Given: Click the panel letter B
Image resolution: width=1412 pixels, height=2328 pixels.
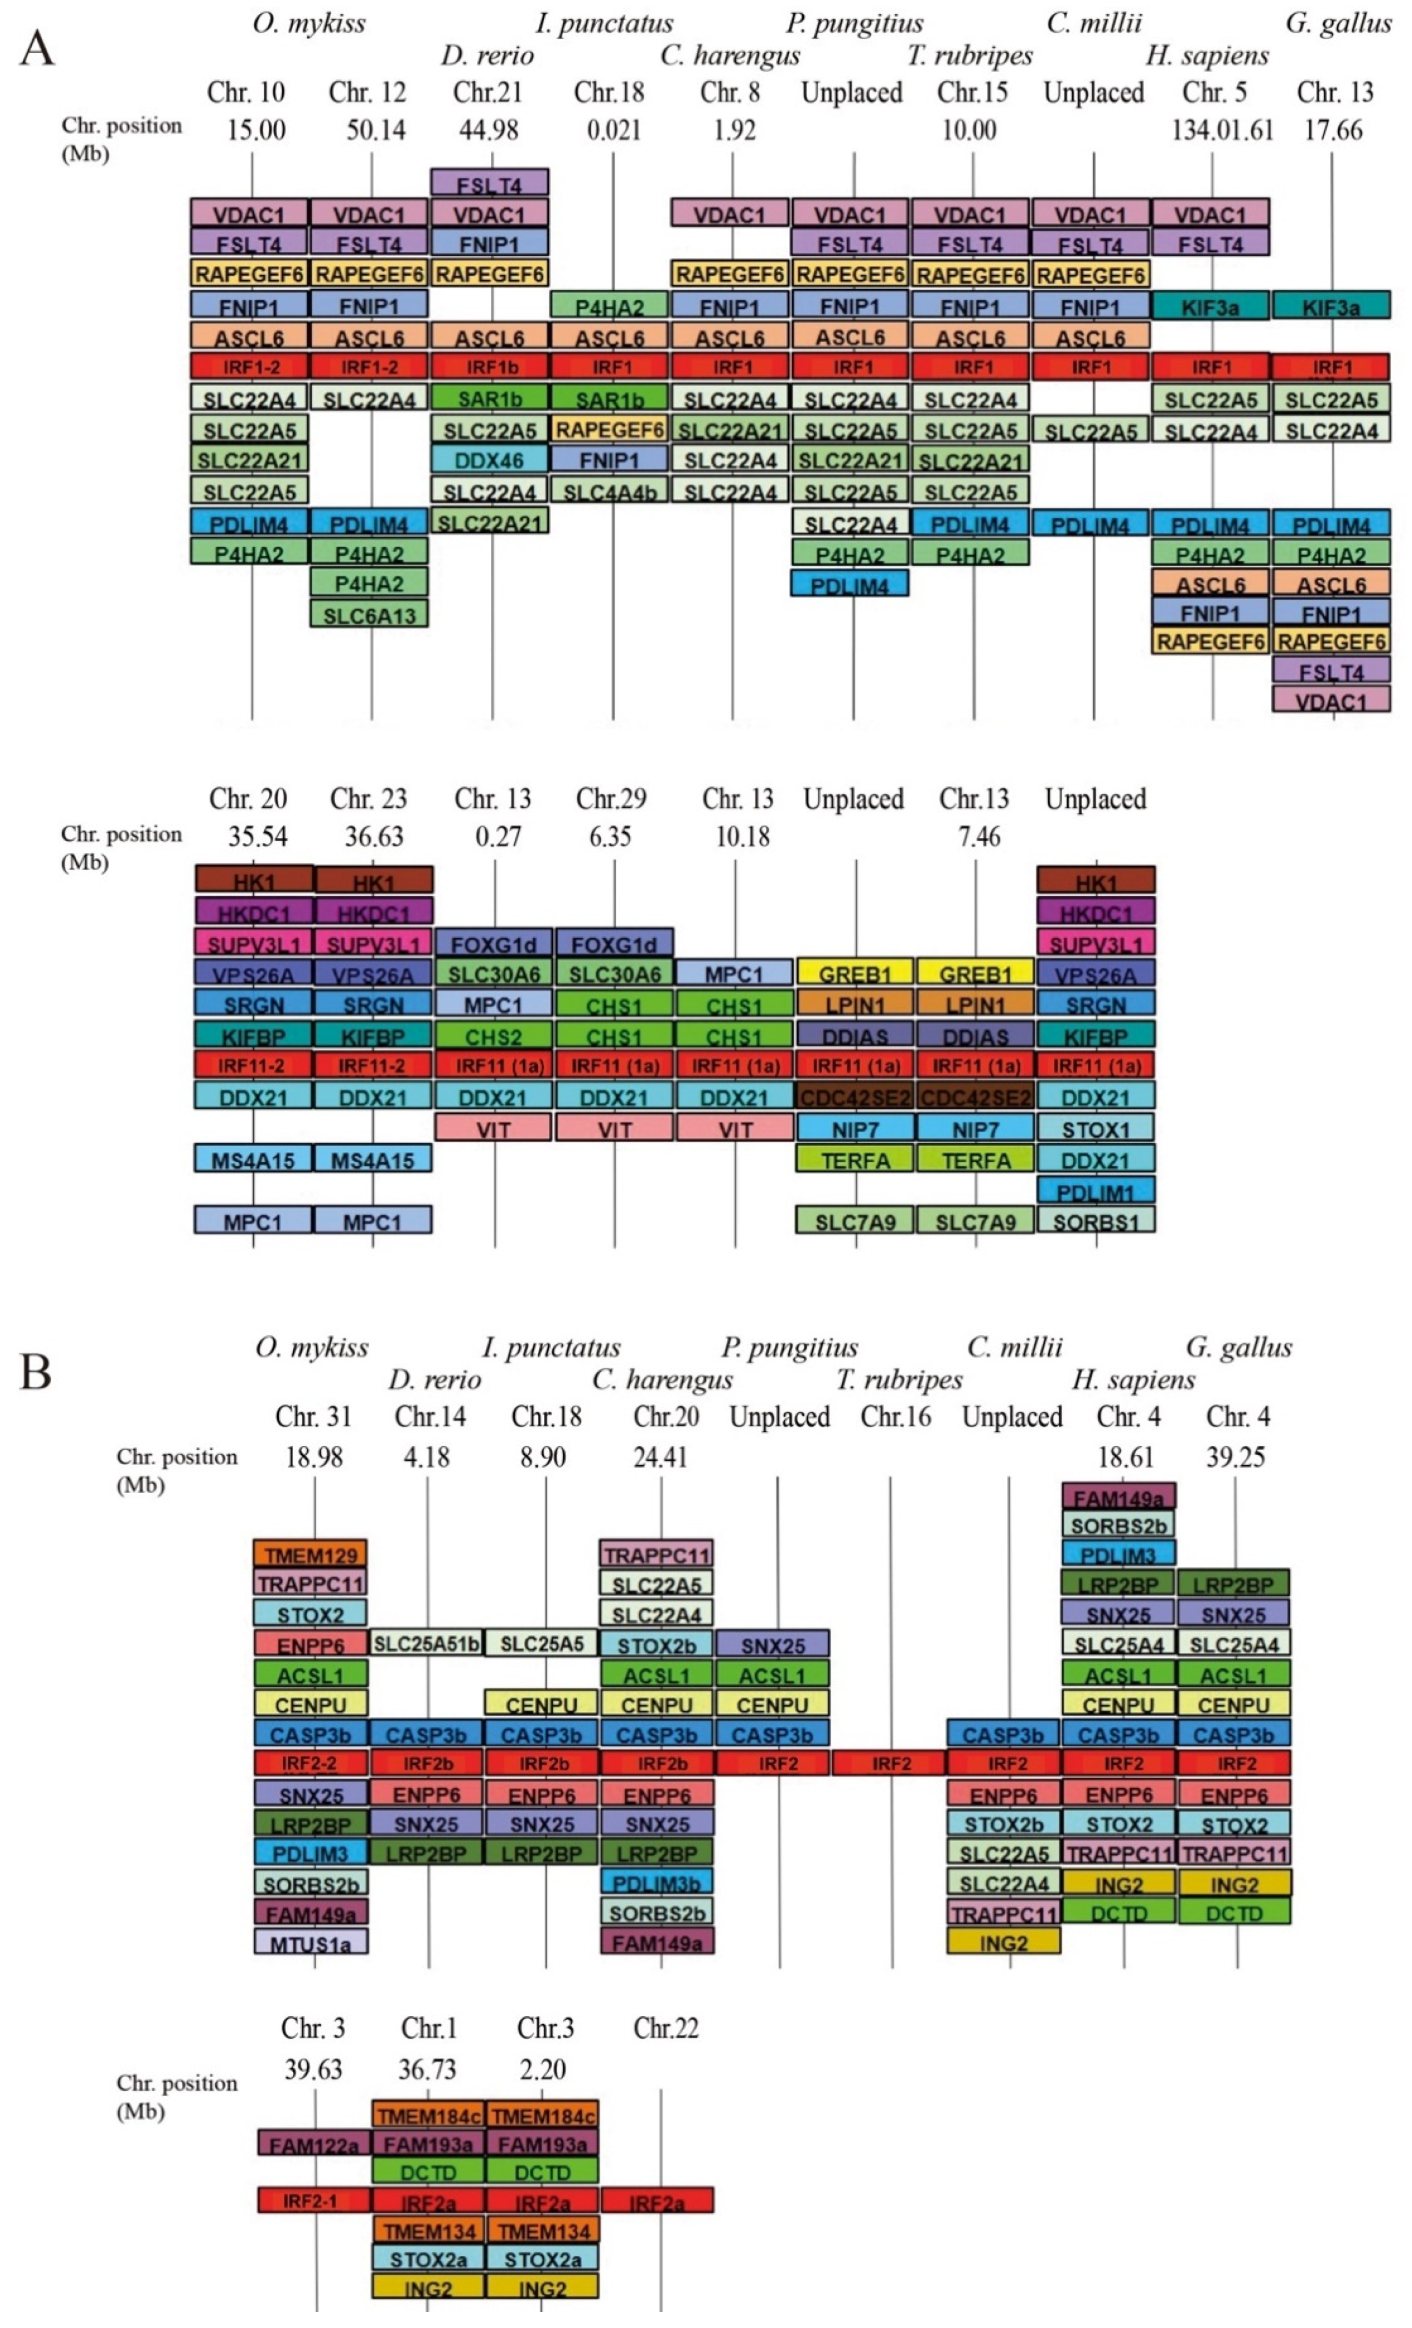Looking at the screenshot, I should click(35, 1371).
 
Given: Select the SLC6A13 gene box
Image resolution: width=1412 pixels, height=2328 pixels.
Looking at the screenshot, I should click(369, 615).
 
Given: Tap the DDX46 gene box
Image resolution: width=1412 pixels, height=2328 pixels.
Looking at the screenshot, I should click(489, 460).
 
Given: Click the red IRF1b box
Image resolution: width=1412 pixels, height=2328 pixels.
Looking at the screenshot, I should click(489, 366).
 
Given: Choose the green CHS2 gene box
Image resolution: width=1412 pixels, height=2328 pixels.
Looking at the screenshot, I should click(493, 1036).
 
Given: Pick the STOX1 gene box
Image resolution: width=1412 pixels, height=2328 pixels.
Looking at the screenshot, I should click(1096, 1129).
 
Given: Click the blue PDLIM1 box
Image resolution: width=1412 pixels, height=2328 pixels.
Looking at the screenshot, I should click(1096, 1191).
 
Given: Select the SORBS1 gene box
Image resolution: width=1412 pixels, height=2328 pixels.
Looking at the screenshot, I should click(1096, 1222).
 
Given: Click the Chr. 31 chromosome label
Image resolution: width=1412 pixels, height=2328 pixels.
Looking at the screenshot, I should click(313, 1417).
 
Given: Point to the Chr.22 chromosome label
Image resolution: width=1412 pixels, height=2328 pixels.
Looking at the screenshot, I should click(666, 2028).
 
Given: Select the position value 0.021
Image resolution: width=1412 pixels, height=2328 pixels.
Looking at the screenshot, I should click(614, 130).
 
